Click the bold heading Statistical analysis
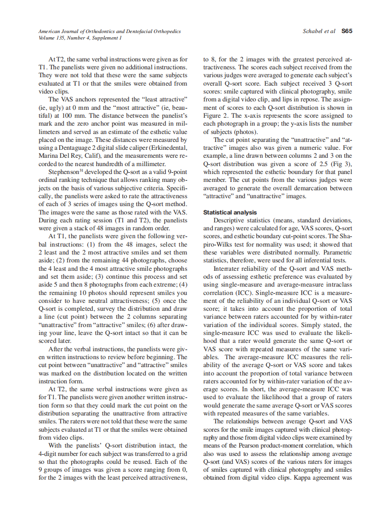pos(230,212)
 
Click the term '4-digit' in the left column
pos(50,454)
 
